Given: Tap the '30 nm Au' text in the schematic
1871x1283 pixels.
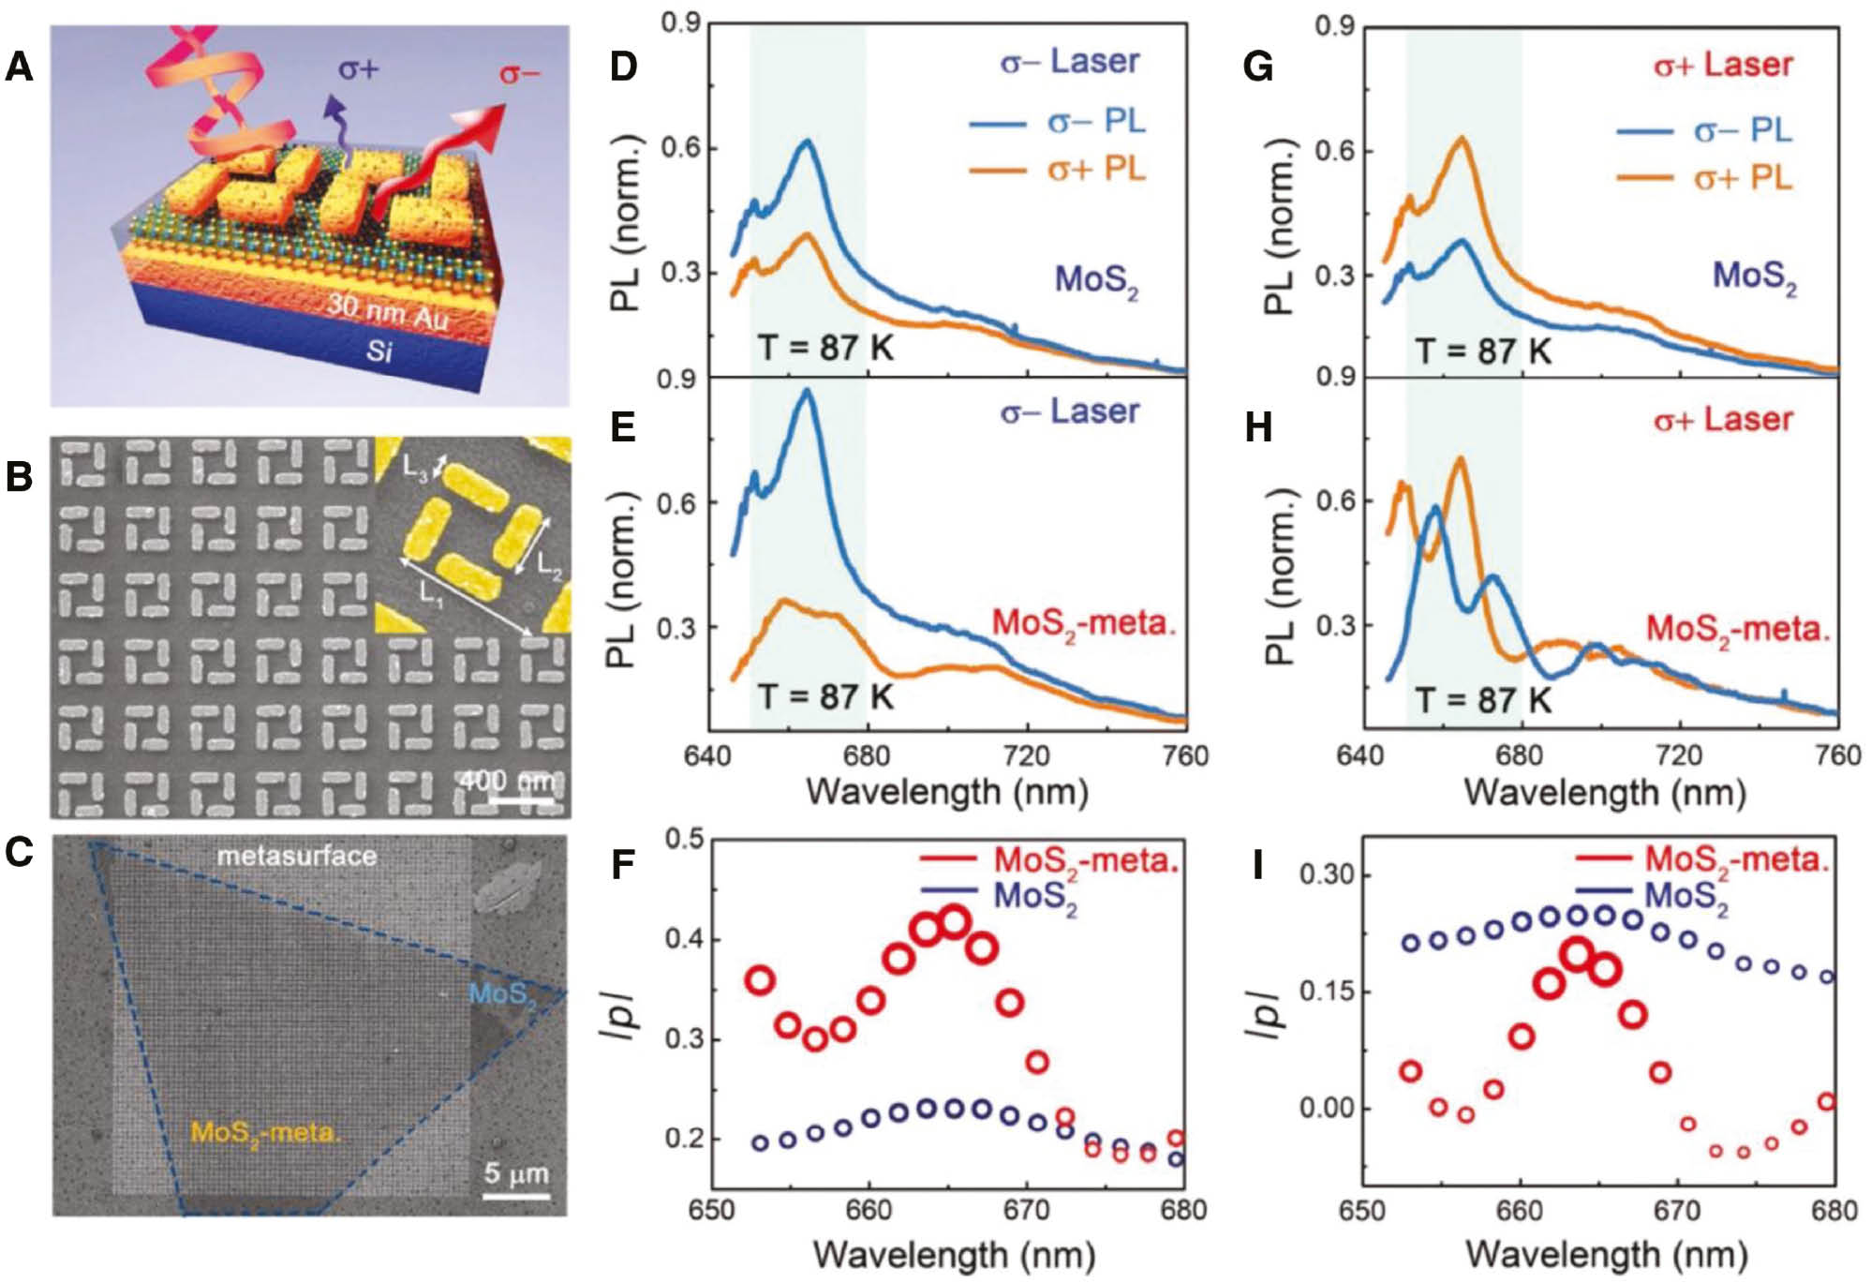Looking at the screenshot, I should point(387,312).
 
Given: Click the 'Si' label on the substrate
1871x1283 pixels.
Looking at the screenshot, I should point(379,352).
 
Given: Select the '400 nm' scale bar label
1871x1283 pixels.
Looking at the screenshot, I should point(510,780).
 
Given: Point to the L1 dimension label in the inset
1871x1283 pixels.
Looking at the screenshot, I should point(430,594).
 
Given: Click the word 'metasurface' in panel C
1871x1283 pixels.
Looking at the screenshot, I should point(297,856).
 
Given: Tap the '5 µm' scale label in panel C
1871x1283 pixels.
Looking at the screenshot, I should point(516,1173).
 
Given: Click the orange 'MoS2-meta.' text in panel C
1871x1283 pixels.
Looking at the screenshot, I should point(266,1132).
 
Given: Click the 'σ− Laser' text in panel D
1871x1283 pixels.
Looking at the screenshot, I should point(1070,62).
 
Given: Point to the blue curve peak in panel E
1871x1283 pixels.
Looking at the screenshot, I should point(808,393).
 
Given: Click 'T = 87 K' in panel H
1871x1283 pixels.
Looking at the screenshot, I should point(1483,699).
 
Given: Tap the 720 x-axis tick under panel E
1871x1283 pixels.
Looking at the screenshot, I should point(1027,755).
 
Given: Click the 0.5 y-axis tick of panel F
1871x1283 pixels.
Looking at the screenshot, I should point(684,838).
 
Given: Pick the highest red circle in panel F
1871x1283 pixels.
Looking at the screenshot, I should point(954,922).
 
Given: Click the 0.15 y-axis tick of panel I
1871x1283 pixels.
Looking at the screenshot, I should point(1324,992).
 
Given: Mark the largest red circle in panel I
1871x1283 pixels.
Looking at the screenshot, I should point(1578,954).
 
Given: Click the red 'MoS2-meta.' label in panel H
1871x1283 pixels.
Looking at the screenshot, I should point(1738,629).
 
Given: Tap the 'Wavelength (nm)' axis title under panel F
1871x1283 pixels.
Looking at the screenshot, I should point(954,1254).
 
